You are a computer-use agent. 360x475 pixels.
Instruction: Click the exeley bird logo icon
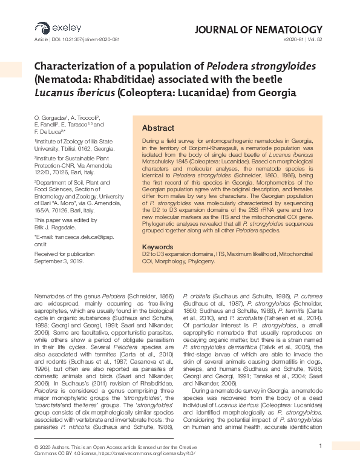[41, 27]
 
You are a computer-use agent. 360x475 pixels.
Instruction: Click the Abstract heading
[158, 128]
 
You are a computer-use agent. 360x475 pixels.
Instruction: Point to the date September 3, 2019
[59, 261]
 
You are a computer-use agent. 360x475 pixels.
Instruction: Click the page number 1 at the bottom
[319, 446]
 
